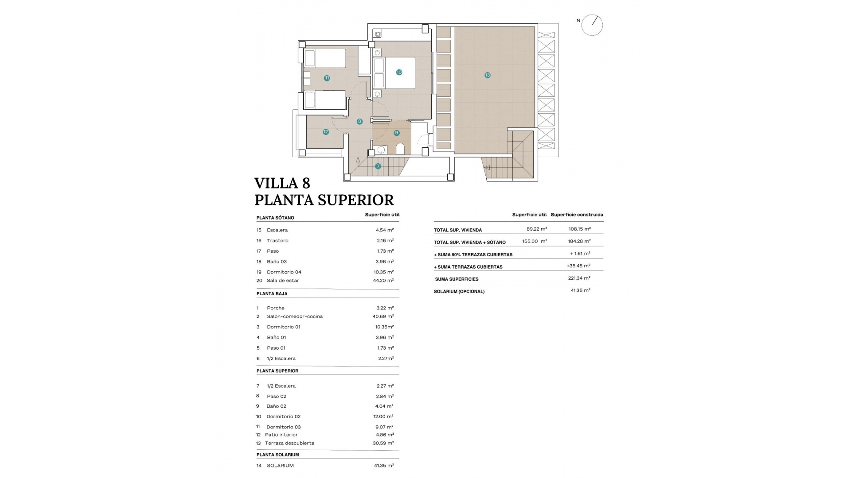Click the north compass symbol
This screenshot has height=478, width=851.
pyautogui.click(x=592, y=25)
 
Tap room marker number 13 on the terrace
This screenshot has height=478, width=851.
pyautogui.click(x=487, y=75)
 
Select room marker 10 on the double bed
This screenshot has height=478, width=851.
pyautogui.click(x=399, y=72)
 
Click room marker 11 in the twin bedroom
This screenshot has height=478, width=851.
pyautogui.click(x=327, y=78)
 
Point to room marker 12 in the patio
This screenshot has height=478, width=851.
pyautogui.click(x=326, y=132)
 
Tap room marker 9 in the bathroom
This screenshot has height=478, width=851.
pyautogui.click(x=396, y=133)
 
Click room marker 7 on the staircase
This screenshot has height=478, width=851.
pyautogui.click(x=378, y=166)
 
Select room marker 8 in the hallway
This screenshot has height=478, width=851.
pyautogui.click(x=359, y=121)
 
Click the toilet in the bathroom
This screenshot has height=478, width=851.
pyautogui.click(x=400, y=149)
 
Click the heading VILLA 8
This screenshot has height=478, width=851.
pyautogui.click(x=282, y=183)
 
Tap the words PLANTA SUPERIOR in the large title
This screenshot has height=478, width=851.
pyautogui.click(x=324, y=200)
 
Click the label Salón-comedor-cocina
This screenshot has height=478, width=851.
pyautogui.click(x=294, y=316)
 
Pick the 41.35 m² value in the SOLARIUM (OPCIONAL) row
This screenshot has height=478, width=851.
pyautogui.click(x=580, y=290)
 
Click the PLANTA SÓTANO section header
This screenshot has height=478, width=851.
pyautogui.click(x=275, y=218)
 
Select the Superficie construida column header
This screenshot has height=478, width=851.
pyautogui.click(x=577, y=215)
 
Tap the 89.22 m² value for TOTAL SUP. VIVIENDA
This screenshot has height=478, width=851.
pyautogui.click(x=536, y=229)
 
